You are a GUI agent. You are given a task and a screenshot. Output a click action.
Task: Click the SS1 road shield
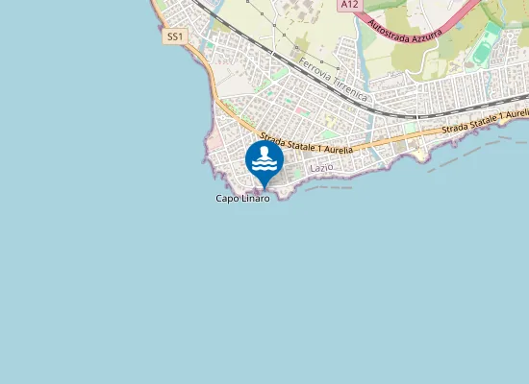click(x=174, y=36)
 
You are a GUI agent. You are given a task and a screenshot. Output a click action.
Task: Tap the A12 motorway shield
click(x=349, y=5)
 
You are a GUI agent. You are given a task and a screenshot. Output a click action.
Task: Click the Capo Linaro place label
click(x=242, y=199)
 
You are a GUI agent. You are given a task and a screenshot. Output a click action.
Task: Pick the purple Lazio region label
click(x=322, y=168)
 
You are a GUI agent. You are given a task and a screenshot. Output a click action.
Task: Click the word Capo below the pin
click(x=227, y=199)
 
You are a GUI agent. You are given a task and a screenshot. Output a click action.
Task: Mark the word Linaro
click(x=255, y=199)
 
